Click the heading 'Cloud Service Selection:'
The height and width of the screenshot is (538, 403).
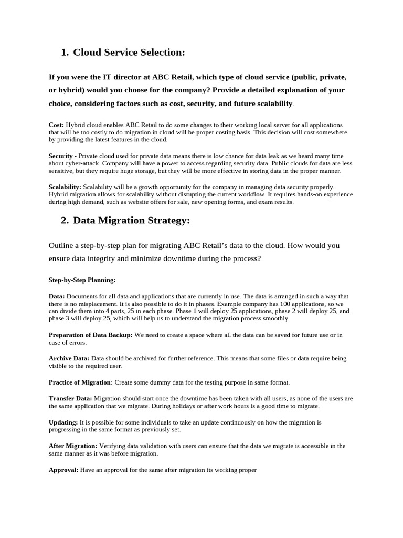(129, 53)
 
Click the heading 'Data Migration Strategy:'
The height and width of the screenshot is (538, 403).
(131, 221)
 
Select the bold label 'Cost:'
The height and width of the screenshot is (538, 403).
(56, 125)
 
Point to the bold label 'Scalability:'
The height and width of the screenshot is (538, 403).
(65, 187)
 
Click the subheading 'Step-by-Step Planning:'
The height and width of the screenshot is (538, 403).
(82, 280)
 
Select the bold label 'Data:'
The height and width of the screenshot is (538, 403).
(57, 296)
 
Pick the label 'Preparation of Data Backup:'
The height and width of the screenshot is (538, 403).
(91, 335)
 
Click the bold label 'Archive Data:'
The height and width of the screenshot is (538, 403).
(69, 358)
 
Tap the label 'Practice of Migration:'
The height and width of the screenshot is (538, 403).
(81, 382)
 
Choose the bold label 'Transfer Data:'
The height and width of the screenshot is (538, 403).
(70, 399)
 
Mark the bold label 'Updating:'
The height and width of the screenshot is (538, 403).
(63, 422)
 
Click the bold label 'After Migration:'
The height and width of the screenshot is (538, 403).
(73, 446)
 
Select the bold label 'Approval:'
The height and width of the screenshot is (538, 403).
(63, 470)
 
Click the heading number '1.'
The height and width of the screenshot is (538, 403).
(65, 53)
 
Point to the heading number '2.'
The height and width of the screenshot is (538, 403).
(65, 221)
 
